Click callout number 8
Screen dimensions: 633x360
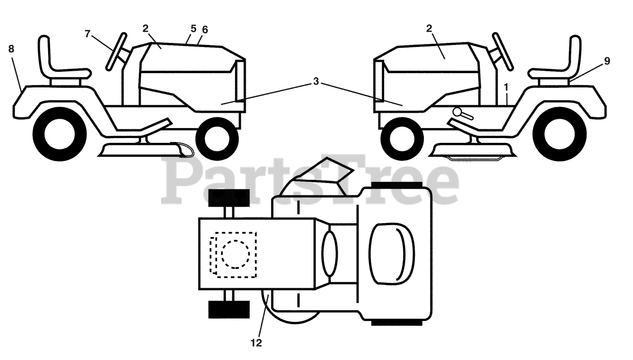click(x=11, y=48)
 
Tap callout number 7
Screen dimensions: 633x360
click(x=88, y=34)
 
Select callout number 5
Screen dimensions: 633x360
click(x=193, y=29)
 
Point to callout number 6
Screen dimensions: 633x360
click(x=205, y=30)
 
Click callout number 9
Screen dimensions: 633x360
click(x=607, y=61)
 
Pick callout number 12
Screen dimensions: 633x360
click(x=257, y=342)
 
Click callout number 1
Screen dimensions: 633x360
click(x=506, y=87)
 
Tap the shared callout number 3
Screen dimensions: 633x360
click(x=316, y=82)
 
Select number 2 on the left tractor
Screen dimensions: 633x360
click(x=145, y=28)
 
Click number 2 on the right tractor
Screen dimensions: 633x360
click(x=429, y=28)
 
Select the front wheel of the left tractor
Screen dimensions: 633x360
click(x=217, y=138)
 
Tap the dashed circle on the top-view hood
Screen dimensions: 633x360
click(x=235, y=254)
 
